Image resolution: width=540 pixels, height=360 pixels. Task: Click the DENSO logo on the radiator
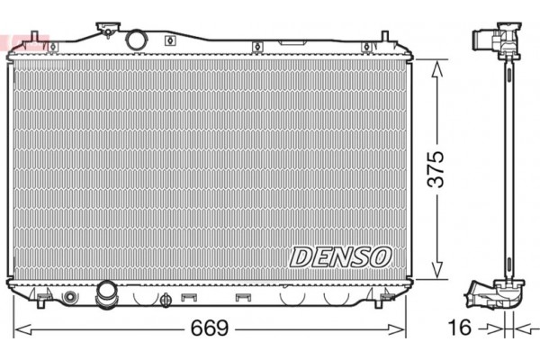[x=340, y=256]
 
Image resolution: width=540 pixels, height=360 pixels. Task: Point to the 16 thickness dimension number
[x=460, y=327]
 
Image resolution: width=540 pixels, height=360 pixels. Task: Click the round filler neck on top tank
[x=136, y=40]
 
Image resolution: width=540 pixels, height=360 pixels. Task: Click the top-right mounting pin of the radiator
[x=384, y=39]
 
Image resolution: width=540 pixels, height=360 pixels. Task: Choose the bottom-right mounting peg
[x=388, y=294]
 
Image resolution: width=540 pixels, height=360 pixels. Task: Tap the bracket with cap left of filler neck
[x=112, y=28]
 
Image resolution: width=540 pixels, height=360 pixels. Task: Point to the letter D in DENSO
[x=301, y=256]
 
